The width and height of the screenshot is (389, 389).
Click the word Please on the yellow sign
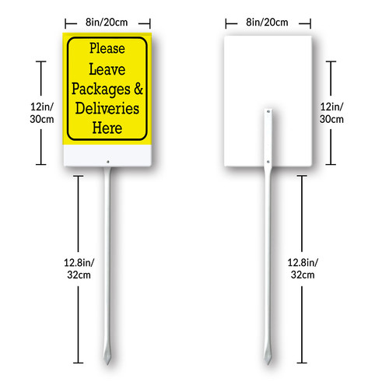(x=107, y=49)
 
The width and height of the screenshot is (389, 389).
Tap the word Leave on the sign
(x=107, y=69)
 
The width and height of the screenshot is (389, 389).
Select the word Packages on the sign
(x=101, y=89)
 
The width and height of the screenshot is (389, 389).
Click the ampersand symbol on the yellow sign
(x=138, y=89)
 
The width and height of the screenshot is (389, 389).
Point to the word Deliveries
(x=107, y=108)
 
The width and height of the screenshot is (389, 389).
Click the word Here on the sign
(x=107, y=128)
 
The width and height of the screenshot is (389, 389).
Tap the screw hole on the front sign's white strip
(x=108, y=162)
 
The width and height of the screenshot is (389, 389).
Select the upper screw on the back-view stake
(x=268, y=112)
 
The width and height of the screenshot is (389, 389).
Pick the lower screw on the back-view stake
(x=268, y=162)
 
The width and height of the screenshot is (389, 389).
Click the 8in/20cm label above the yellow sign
(x=107, y=23)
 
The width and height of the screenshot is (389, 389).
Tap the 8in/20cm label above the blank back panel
(x=267, y=23)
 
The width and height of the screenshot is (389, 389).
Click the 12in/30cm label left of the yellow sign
(x=42, y=113)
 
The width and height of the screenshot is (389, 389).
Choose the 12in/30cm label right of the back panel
(x=331, y=113)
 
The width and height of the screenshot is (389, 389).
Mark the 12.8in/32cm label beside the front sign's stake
(x=79, y=268)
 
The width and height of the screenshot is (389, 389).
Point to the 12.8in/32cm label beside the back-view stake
(x=303, y=268)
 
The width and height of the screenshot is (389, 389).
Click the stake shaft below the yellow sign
(x=107, y=259)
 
